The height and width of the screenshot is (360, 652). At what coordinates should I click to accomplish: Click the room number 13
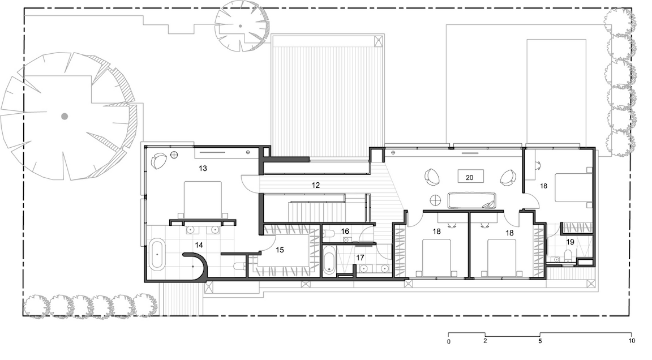point(203,168)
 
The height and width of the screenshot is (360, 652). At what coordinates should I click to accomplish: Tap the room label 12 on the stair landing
point(316,185)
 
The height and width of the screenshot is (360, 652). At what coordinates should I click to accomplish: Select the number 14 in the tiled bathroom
point(199,245)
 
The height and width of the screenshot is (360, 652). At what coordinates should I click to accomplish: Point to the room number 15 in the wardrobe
point(280,250)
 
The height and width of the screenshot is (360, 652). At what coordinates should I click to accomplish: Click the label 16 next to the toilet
point(345,232)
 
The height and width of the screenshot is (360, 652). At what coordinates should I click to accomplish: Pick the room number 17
point(360,258)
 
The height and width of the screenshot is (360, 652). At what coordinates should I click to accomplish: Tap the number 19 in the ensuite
point(570,242)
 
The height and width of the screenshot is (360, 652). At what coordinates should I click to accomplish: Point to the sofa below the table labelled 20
point(471,200)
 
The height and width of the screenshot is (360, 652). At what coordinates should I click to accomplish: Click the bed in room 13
point(203,200)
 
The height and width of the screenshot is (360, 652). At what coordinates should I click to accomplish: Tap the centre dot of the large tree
point(65,117)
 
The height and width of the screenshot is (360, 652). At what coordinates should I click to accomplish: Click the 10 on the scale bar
point(631,341)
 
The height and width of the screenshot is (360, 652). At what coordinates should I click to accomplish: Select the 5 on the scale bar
point(540,341)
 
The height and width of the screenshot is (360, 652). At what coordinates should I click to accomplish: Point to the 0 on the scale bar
point(449,342)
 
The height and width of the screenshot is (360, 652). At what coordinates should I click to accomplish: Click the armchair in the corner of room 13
point(158,161)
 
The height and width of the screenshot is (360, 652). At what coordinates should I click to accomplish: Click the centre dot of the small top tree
point(241,26)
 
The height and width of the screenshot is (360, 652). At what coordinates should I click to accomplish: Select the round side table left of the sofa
point(435,200)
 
